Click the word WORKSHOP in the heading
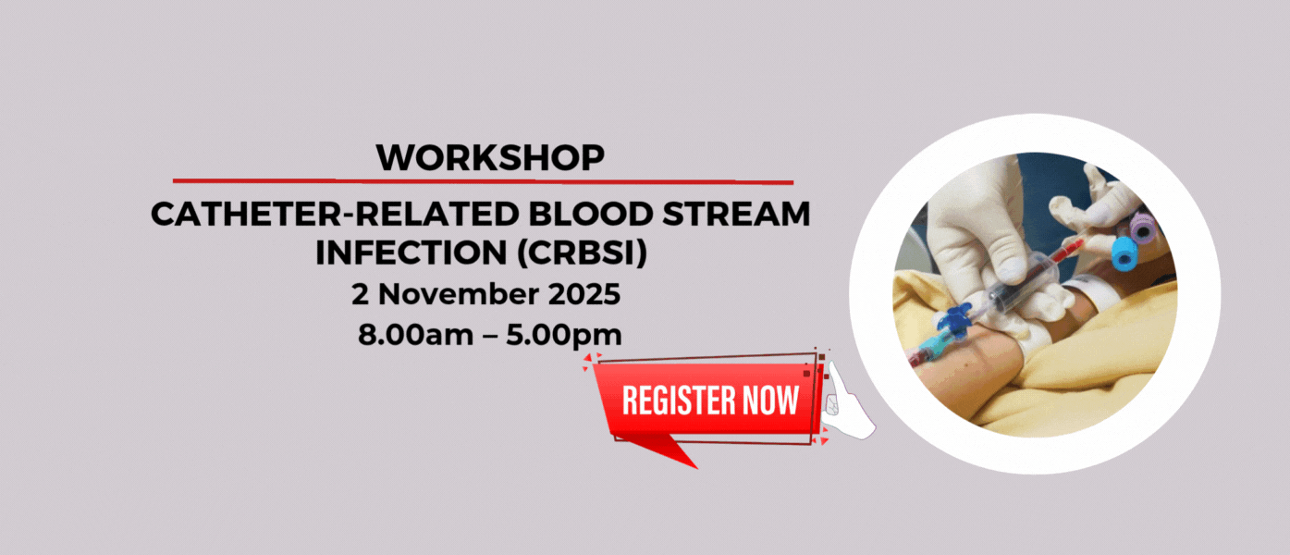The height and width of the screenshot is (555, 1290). point(490,157)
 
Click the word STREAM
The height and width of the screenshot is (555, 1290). point(736,214)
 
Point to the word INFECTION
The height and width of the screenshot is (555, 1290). point(412,253)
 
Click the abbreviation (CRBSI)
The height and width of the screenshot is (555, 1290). point(582,253)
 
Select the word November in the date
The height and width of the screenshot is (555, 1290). point(459,294)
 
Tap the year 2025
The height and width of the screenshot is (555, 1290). point(584,294)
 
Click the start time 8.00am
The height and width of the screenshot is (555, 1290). point(415,335)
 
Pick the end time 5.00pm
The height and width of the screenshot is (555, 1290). point(564,335)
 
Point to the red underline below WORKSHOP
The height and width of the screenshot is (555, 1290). point(484,181)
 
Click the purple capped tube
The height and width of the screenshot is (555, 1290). point(1142,227)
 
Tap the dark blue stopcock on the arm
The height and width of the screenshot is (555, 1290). point(953,320)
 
